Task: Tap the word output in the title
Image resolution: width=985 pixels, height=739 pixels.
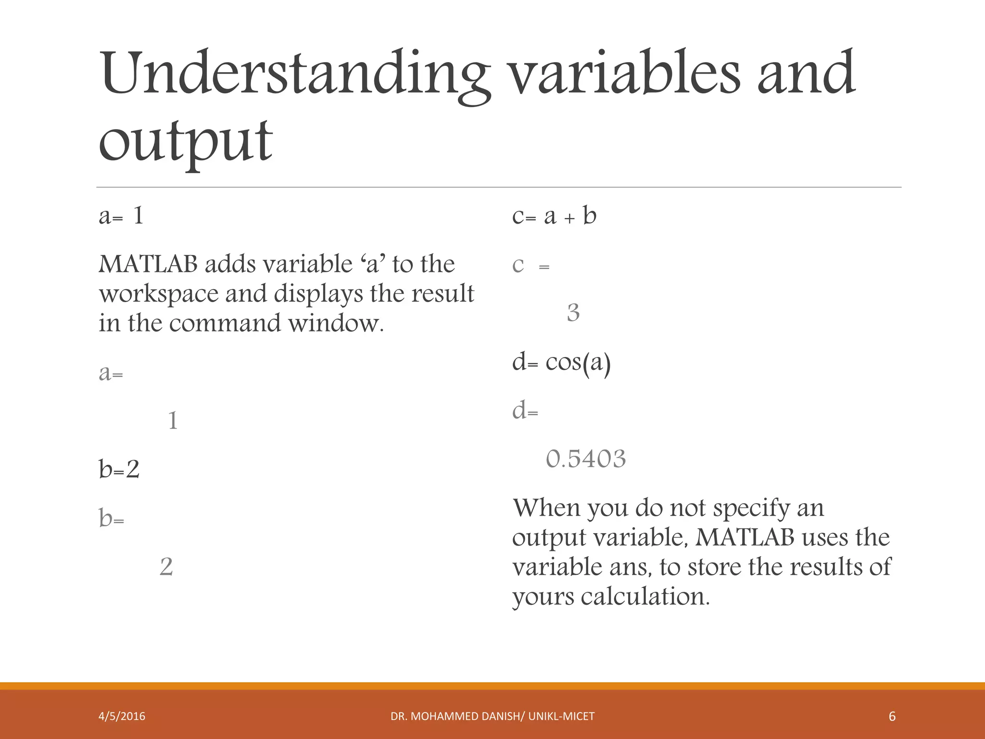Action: [186, 140]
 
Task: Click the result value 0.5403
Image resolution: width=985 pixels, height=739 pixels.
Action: [586, 459]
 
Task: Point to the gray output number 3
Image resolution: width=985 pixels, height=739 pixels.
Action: [573, 313]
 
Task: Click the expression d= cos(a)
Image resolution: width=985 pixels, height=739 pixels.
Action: [561, 362]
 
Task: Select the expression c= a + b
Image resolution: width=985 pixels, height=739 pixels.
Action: [554, 216]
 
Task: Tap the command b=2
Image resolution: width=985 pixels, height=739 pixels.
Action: [119, 469]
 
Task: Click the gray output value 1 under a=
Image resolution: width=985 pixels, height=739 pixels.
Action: [173, 421]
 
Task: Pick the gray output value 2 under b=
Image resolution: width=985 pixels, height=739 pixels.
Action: [166, 567]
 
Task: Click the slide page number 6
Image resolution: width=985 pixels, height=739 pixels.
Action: [892, 716]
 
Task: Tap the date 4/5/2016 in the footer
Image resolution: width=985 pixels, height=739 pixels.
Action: [122, 716]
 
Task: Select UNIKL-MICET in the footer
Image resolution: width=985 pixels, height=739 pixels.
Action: [561, 716]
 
